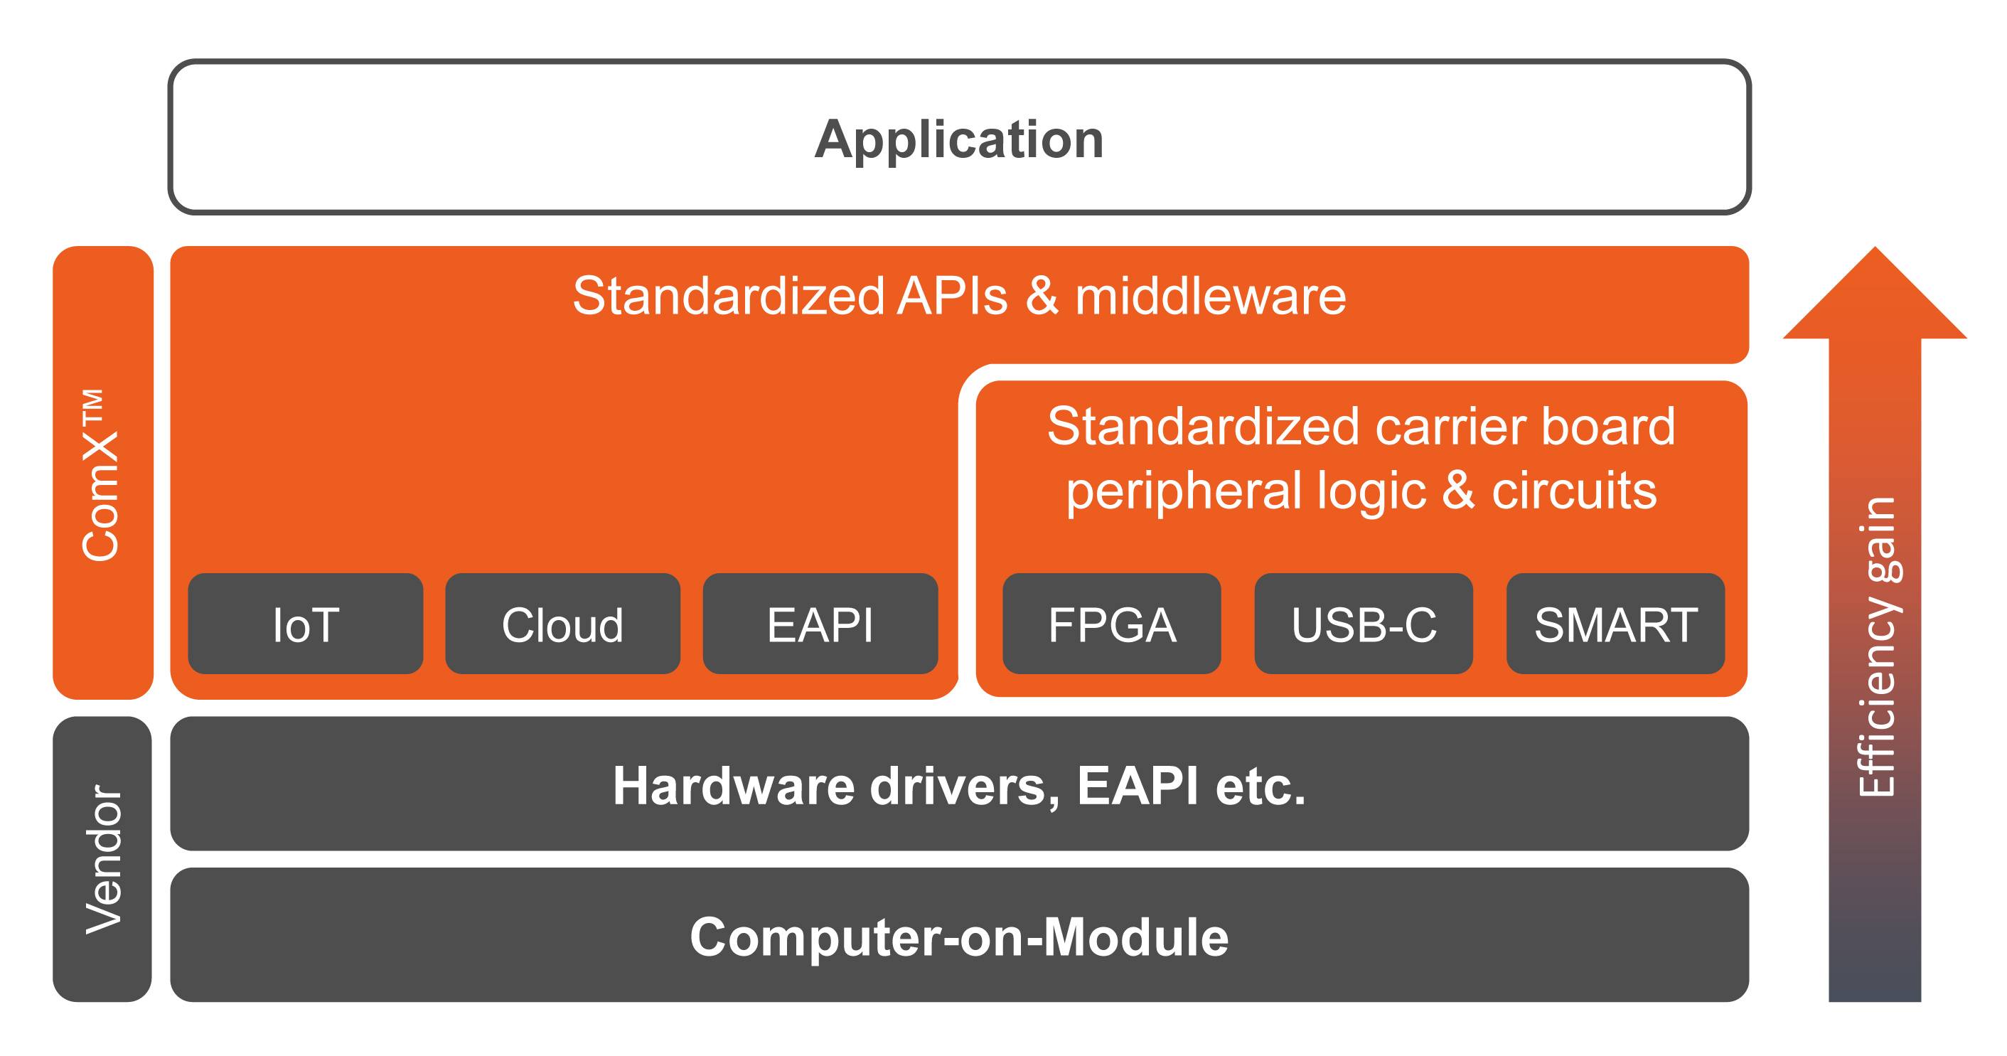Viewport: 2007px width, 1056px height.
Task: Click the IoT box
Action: pos(306,624)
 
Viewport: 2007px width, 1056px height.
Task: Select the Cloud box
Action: pos(562,624)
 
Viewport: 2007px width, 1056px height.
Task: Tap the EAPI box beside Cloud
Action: pos(820,624)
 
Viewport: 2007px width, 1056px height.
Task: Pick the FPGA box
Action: pos(1112,624)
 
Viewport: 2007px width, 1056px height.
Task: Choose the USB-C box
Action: pos(1364,624)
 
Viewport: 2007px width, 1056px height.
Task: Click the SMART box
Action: pos(1616,624)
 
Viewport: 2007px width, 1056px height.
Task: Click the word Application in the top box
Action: pos(959,140)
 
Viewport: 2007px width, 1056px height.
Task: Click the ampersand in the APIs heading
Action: pos(1042,297)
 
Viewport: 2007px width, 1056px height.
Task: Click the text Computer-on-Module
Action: pos(959,937)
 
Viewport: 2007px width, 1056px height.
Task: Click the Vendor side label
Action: pos(104,859)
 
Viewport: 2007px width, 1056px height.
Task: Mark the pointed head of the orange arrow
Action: pos(1875,248)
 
